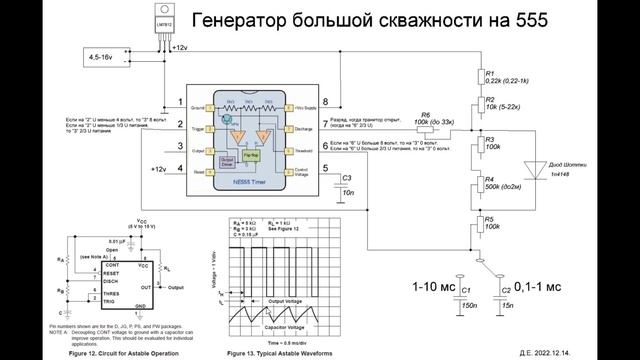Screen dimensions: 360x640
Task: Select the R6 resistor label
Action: click(x=426, y=114)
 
